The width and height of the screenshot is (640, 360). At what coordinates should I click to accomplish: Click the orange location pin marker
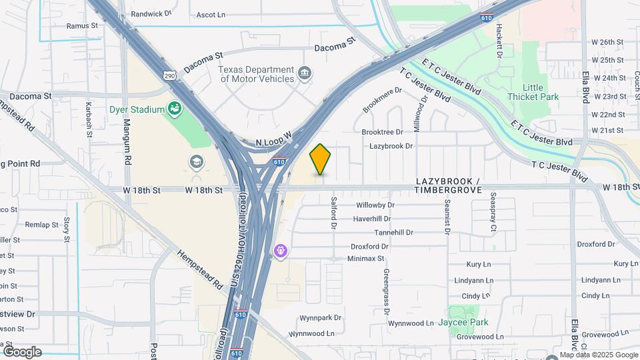pos(321,159)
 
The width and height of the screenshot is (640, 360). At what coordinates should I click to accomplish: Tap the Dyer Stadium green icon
pos(175,107)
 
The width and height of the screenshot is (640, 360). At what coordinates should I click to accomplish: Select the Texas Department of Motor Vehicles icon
pos(305,73)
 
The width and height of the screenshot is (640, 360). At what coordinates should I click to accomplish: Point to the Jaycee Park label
pos(463,323)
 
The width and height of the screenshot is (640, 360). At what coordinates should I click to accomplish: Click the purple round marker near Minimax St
pos(281,251)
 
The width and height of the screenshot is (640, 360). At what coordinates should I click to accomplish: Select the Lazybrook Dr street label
pos(391,145)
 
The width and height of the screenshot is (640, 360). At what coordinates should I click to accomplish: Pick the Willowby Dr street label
pos(376,205)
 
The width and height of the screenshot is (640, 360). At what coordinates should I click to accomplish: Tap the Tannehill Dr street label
pos(393,233)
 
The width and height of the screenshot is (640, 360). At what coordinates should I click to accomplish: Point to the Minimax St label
pos(366,259)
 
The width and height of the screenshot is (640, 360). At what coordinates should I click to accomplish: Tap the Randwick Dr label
pos(151,13)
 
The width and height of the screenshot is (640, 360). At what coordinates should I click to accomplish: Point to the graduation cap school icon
pos(197,162)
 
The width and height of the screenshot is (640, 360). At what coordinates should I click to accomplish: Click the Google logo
pos(21,351)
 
